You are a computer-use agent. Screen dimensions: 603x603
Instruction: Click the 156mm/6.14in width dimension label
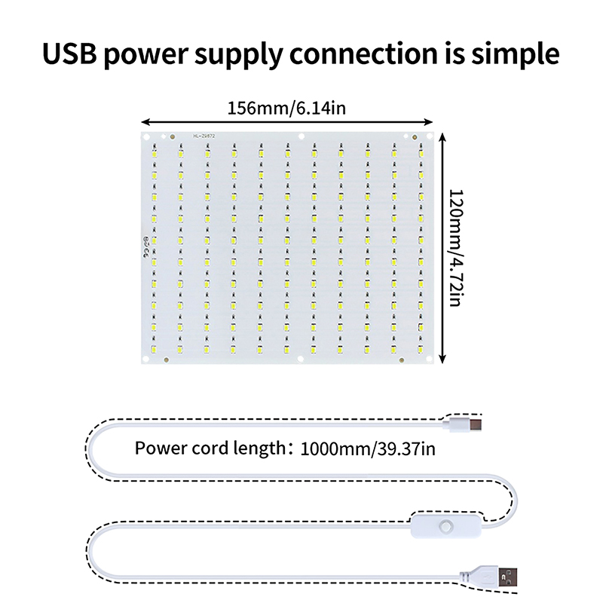click(x=286, y=108)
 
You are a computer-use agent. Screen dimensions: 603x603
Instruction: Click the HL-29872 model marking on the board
click(x=204, y=136)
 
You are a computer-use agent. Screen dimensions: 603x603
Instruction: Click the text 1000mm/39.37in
click(x=368, y=450)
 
